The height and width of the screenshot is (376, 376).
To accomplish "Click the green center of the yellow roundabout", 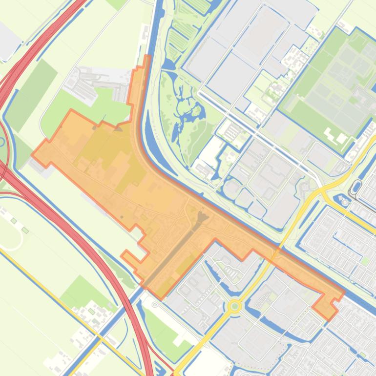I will (x=235, y=306).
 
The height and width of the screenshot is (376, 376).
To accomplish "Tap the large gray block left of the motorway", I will (x=7, y=42).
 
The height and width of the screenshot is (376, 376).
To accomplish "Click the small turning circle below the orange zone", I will (x=155, y=305).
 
